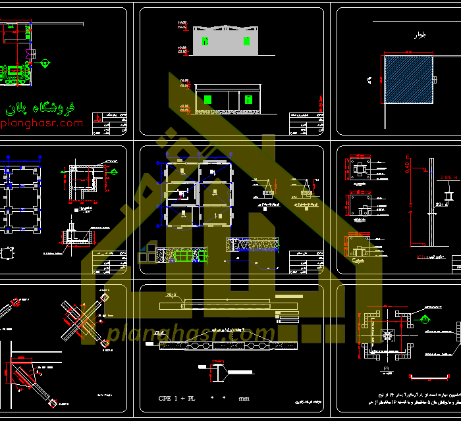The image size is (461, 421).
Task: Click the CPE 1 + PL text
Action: tap(176, 399)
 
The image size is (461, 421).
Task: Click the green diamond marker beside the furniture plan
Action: tap(45, 64)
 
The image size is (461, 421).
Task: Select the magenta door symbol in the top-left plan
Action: tap(30, 53)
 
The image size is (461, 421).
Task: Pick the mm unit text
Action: tap(244, 399)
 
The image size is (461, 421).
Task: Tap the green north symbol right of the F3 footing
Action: tap(426, 320)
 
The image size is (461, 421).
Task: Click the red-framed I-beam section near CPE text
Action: tap(217, 373)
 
